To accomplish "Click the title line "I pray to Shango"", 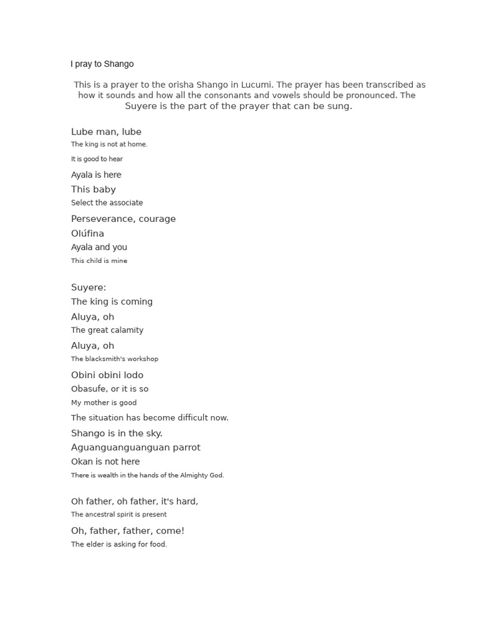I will pyautogui.click(x=102, y=64).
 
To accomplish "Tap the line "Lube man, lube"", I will pyautogui.click(x=106, y=131).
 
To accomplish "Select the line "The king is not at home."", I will pyautogui.click(x=109, y=145).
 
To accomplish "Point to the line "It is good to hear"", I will pyautogui.click(x=97, y=159).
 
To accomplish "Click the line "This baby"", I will pyautogui.click(x=94, y=189).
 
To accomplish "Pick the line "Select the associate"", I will pyautogui.click(x=107, y=203).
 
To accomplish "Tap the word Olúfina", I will pyautogui.click(x=87, y=234).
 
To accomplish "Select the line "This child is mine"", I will pyautogui.click(x=99, y=261).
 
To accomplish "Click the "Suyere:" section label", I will pyautogui.click(x=89, y=287).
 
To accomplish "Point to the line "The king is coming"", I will pyautogui.click(x=112, y=302).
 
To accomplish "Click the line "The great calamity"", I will pyautogui.click(x=107, y=330).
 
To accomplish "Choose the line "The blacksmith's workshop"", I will pyautogui.click(x=115, y=359).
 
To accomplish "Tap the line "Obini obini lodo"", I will pyautogui.click(x=107, y=375).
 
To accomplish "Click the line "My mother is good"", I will pyautogui.click(x=104, y=403).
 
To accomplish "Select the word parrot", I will pyautogui.click(x=185, y=447).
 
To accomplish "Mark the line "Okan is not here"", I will pyautogui.click(x=105, y=462).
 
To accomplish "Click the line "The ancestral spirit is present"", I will pyautogui.click(x=119, y=515).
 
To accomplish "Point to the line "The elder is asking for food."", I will pyautogui.click(x=119, y=545).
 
